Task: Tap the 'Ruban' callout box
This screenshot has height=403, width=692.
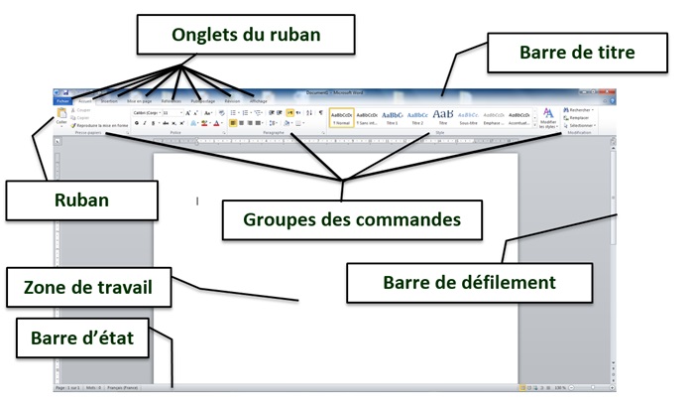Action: (x=81, y=200)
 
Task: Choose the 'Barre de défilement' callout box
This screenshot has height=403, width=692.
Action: (x=469, y=282)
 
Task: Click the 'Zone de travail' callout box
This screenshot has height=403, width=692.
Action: (x=88, y=288)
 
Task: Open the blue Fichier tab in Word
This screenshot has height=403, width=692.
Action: (x=63, y=100)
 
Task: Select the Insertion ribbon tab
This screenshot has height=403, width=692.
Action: (x=109, y=100)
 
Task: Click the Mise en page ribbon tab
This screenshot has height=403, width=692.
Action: (x=139, y=100)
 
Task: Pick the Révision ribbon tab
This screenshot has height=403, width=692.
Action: (x=232, y=100)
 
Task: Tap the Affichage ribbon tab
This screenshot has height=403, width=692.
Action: (x=259, y=100)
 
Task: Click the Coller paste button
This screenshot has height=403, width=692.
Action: (x=61, y=118)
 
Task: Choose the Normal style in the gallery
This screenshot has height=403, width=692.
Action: (x=341, y=117)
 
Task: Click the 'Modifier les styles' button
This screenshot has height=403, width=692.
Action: (x=548, y=119)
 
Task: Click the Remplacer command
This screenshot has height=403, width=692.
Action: (x=580, y=117)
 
